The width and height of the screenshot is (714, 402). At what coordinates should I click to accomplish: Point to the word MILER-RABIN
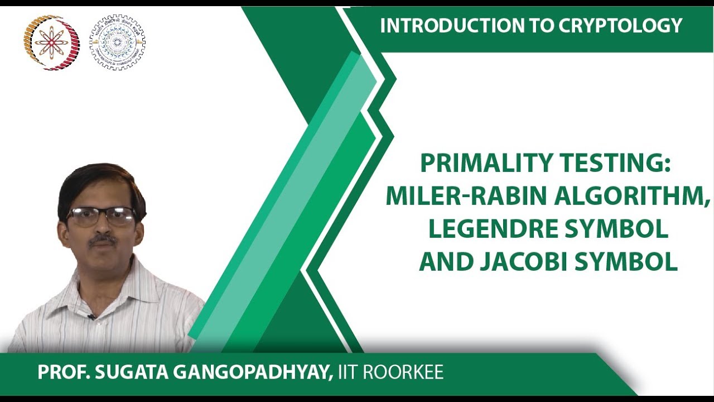coord(469,197)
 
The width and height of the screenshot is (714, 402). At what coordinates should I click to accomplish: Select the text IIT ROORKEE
coord(389,372)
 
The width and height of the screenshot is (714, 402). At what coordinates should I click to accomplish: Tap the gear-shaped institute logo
coord(117,42)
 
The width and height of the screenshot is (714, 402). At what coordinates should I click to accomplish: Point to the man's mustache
coord(103,239)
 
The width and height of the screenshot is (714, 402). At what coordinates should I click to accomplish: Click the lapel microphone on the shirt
coord(91,317)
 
